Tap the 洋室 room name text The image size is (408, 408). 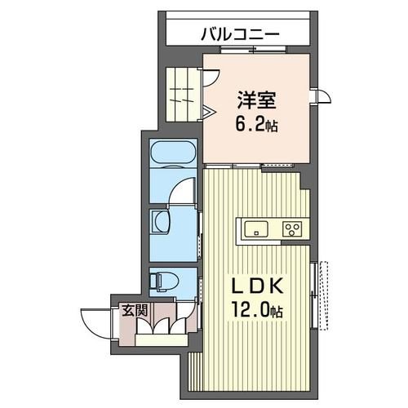(256, 103)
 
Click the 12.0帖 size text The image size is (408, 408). (255, 310)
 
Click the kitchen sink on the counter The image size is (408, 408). (255, 228)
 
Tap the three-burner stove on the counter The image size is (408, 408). (292, 228)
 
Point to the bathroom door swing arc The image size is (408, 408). (183, 193)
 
